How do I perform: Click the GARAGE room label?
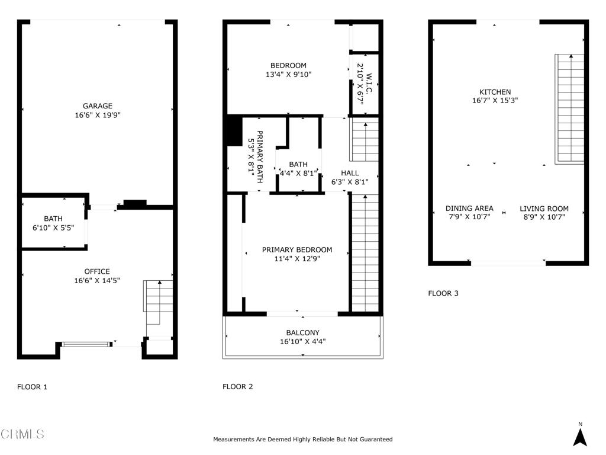click(x=98, y=106)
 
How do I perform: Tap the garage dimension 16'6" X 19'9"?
click(x=98, y=116)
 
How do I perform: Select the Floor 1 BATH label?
click(x=53, y=219)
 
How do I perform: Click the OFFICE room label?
click(x=98, y=271)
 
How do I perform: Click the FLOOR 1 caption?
click(x=32, y=387)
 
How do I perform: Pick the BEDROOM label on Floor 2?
click(x=288, y=65)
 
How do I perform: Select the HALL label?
click(x=349, y=173)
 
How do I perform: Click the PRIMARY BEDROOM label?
click(x=297, y=249)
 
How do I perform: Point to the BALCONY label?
click(x=302, y=332)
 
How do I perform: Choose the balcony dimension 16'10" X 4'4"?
click(x=302, y=341)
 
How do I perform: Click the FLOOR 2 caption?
click(x=238, y=387)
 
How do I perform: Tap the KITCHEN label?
click(x=495, y=92)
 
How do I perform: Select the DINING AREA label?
click(x=469, y=208)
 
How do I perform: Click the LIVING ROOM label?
click(x=544, y=208)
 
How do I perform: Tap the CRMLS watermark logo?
click(x=22, y=434)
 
